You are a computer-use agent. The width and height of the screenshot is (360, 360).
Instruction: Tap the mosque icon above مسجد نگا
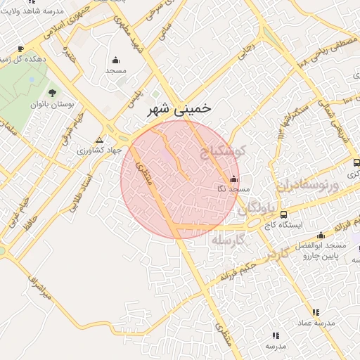pos(234,179)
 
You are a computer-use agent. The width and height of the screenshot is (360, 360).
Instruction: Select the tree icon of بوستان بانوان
pos(52,92)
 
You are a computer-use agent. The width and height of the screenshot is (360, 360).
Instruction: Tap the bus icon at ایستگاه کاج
pos(283,214)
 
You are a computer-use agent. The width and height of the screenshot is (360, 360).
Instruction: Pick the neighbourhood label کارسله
pos(228,240)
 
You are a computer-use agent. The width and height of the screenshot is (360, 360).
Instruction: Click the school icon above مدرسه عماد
pos(316,312)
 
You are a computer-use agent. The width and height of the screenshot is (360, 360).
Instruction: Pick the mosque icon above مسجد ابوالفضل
pos(321,236)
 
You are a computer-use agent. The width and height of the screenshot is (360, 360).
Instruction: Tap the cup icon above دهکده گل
pos(20,49)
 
